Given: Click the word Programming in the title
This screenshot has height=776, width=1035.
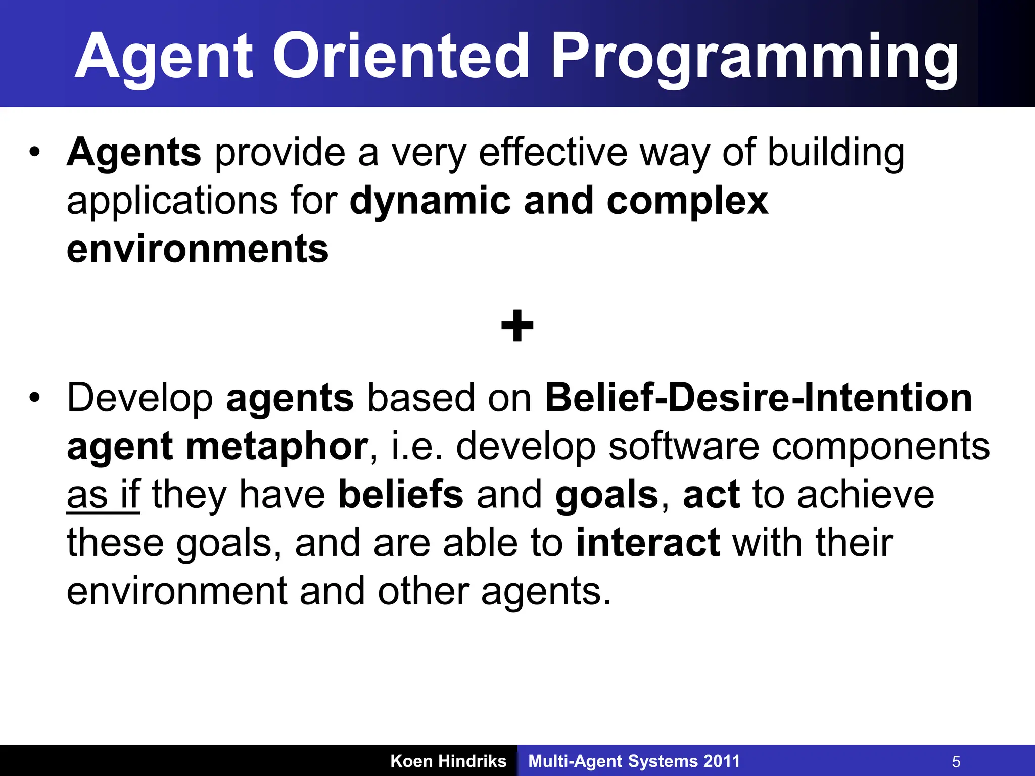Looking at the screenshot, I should (754, 57).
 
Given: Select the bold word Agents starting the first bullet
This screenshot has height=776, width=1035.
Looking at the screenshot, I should (134, 153).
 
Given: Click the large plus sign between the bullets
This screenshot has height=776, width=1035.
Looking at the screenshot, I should (517, 326).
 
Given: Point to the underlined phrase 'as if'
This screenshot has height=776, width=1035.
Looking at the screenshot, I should (103, 495).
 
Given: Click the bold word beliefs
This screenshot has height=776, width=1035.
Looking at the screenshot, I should (400, 495).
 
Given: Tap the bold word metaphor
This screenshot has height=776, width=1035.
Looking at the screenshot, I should (277, 447).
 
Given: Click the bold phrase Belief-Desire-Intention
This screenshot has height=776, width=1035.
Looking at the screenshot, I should (758, 398).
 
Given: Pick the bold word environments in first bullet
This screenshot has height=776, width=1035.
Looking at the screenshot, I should (198, 249).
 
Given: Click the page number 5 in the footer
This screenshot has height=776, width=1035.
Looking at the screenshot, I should (956, 761).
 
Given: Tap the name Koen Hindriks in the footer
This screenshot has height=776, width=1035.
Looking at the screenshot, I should (448, 761).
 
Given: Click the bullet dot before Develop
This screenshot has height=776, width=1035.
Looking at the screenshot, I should (34, 397).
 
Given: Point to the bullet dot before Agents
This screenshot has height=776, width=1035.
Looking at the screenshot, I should (34, 152).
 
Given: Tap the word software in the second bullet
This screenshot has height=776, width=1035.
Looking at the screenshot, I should (683, 447).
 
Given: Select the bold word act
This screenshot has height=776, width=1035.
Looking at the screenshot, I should (711, 495).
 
